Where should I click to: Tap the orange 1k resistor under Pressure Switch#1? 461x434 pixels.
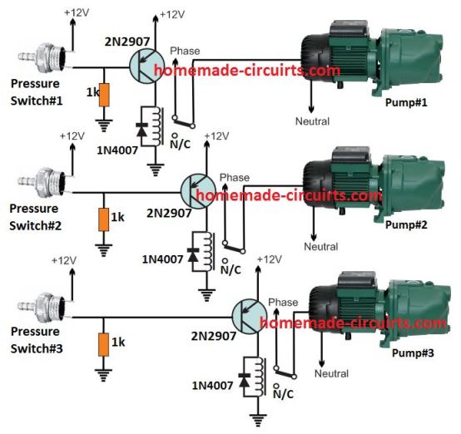[x=103, y=94]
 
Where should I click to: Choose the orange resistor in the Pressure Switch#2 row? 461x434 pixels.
[x=103, y=219]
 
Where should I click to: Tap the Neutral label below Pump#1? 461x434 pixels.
[x=312, y=121]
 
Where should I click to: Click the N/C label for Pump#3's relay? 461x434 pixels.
[x=280, y=394]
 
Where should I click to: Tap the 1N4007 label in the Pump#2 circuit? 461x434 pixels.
[x=160, y=259]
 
